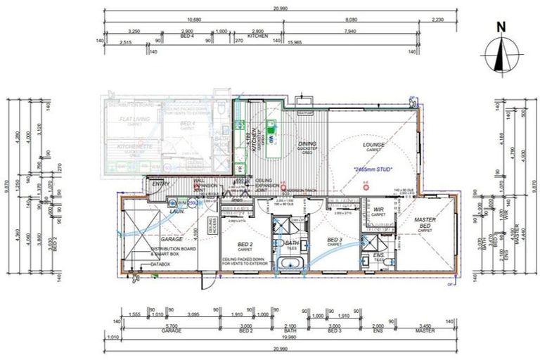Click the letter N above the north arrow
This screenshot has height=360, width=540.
point(501,27)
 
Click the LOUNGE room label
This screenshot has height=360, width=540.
point(373,146)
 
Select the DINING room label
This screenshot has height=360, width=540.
point(307,145)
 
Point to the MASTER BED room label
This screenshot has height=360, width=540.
point(424,224)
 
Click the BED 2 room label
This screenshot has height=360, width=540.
point(245,245)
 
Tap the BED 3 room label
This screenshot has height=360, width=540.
point(334,240)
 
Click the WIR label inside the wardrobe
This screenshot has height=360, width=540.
point(379,209)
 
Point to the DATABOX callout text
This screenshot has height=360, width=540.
point(161,264)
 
